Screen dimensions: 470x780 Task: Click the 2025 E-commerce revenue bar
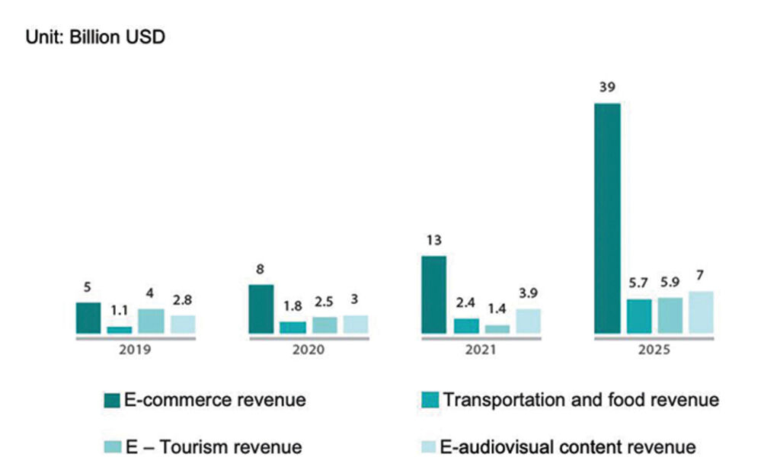coord(607,218)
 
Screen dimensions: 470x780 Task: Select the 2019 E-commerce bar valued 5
coord(88,318)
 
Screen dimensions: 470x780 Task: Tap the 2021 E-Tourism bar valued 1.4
coord(497,329)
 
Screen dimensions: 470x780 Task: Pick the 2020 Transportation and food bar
coord(292,327)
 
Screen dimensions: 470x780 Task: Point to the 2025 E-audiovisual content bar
coord(701,312)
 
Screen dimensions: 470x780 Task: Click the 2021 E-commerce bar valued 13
coord(433,294)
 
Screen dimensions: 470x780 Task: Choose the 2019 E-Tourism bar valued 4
coord(152,321)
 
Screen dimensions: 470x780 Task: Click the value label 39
coord(607,88)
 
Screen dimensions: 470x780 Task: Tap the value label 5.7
coord(639,283)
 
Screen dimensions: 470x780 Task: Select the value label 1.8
coord(292,305)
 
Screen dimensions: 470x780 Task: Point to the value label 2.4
coord(466,302)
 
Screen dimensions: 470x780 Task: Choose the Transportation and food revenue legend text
coord(581,399)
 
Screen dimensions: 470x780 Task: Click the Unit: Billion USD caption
coord(95,37)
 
